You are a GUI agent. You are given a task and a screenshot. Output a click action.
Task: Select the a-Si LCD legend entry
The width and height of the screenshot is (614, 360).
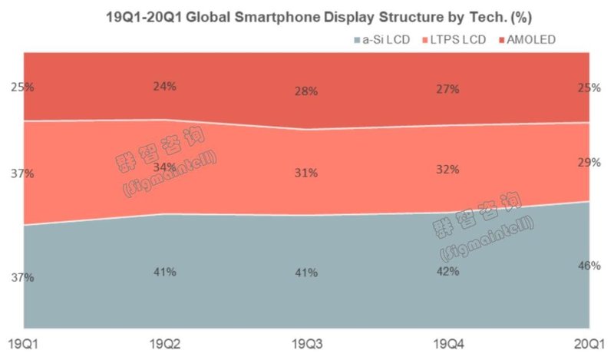[381, 38]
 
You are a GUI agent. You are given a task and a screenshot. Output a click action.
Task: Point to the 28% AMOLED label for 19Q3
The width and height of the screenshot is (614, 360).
[306, 91]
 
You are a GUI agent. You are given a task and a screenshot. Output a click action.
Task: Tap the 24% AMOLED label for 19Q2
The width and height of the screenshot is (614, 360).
[164, 86]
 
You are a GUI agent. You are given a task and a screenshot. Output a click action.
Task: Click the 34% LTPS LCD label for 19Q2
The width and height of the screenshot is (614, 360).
[164, 167]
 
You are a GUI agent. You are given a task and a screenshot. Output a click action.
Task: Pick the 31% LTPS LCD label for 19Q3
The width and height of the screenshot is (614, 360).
[306, 173]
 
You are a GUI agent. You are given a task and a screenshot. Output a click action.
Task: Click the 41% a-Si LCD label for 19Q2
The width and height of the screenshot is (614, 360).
[164, 272]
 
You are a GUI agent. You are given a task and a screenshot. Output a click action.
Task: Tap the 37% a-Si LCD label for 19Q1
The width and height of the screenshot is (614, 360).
[22, 277]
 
